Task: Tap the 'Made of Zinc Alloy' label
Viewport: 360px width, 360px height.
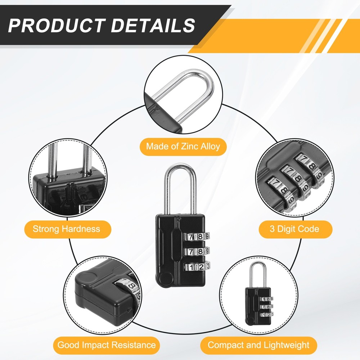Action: coord(183,147)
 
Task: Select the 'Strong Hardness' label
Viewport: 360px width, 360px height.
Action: coord(66,229)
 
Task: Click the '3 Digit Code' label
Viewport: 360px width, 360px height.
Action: coord(294,229)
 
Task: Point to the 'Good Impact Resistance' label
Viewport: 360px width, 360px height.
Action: coord(107,345)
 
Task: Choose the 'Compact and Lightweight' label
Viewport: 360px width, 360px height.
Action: coord(258,345)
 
